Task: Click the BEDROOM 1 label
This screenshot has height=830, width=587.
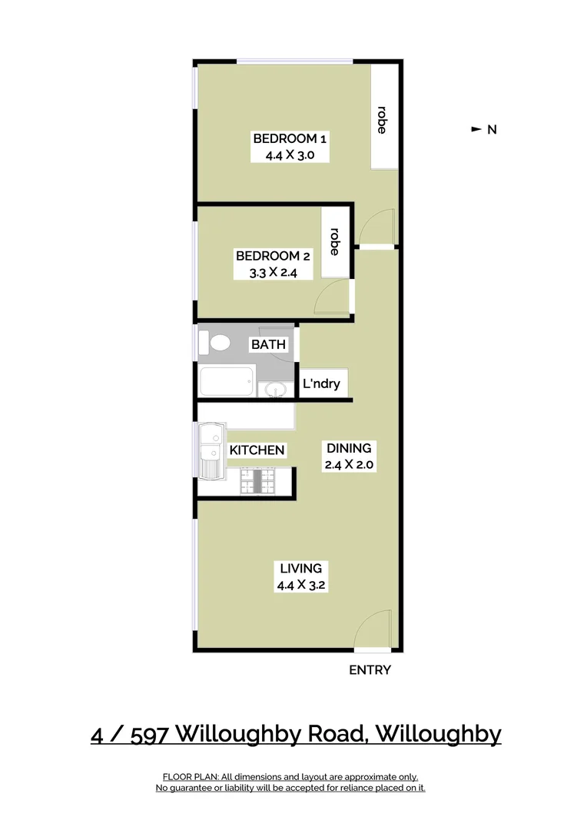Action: point(290,138)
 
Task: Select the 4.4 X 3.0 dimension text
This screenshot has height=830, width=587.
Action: point(290,154)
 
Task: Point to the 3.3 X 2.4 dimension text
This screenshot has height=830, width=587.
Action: point(273,271)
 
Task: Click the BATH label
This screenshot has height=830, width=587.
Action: point(268,344)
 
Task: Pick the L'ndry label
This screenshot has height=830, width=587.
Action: point(321,383)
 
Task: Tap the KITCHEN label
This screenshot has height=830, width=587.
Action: point(257,450)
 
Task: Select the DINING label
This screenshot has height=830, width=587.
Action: point(349,448)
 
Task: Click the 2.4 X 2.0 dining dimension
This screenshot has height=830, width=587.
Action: point(349,464)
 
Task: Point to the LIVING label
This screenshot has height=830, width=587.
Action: point(300,569)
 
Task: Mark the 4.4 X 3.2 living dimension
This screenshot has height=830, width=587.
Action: point(300,585)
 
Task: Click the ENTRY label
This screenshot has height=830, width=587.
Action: point(370,670)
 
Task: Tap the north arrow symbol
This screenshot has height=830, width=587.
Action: point(476,129)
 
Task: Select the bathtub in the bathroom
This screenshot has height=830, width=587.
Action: point(226,381)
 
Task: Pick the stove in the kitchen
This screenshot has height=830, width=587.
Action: point(257,482)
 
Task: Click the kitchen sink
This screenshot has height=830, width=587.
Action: point(209,450)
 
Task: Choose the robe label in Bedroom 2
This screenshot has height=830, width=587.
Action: point(334,241)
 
